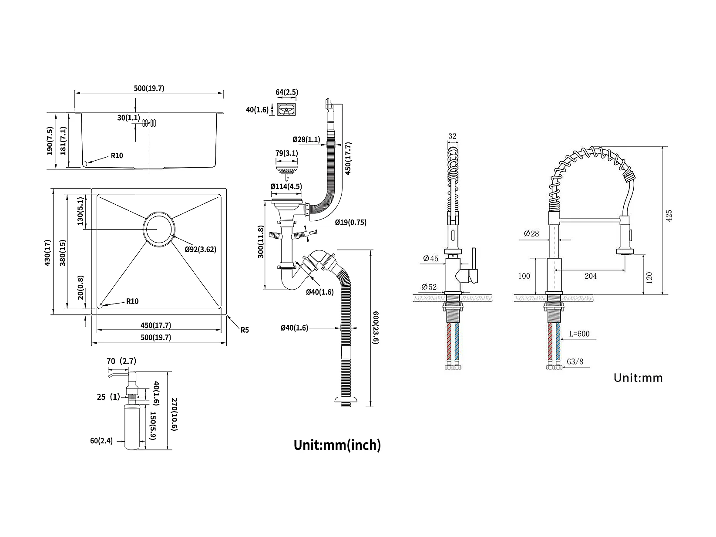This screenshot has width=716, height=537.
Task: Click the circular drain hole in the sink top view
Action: pos(160,230)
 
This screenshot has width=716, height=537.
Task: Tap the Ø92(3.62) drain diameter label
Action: pos(200,250)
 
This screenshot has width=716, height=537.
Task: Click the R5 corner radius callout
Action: pos(245,330)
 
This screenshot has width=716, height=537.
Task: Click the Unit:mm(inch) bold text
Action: pos(337,445)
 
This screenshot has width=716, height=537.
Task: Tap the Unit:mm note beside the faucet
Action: pos(638,378)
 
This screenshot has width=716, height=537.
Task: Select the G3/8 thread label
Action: pos(575,361)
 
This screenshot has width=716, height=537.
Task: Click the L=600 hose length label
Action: pos(579,334)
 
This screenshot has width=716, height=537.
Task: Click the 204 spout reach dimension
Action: pos(591,276)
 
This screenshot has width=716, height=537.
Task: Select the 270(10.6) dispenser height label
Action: pos(174,415)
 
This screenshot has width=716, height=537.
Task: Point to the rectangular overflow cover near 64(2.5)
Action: pos(286,109)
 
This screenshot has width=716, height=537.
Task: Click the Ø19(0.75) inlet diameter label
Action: pos(350,223)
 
